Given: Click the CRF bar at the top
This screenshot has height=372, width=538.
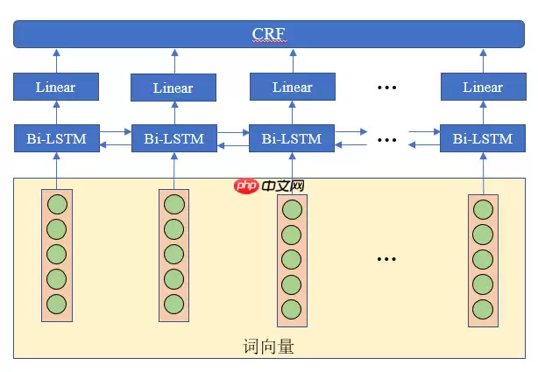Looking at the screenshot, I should [x=268, y=34].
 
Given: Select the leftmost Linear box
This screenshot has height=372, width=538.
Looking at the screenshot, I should [x=56, y=87].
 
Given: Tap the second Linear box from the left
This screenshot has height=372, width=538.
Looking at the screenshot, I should [x=173, y=88].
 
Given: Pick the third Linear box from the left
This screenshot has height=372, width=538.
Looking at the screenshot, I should [x=292, y=87].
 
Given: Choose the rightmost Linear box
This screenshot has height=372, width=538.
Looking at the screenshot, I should [x=483, y=87].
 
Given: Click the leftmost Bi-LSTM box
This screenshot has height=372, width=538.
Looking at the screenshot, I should [x=56, y=138].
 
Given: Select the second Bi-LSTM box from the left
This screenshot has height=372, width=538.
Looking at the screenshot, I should [x=173, y=138].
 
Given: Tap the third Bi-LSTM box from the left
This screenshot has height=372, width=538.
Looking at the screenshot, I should [x=292, y=138].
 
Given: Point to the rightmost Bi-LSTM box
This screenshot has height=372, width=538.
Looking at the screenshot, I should [x=483, y=138].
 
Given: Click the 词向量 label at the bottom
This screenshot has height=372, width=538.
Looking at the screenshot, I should [x=268, y=346].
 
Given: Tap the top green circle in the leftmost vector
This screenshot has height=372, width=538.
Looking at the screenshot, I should [x=57, y=205].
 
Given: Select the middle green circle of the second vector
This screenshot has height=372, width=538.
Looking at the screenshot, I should [x=173, y=254].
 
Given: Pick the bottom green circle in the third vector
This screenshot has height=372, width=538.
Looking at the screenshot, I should [x=292, y=309].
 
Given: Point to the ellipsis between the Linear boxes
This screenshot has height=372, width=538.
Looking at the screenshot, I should [x=387, y=87].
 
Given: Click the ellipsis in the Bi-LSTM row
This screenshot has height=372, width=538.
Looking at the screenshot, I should [x=387, y=138].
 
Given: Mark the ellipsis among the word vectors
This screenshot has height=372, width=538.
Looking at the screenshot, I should [x=387, y=258].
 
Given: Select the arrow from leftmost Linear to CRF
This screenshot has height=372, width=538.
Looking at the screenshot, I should [x=56, y=61].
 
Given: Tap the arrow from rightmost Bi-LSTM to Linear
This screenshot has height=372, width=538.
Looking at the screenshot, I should [x=483, y=113].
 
